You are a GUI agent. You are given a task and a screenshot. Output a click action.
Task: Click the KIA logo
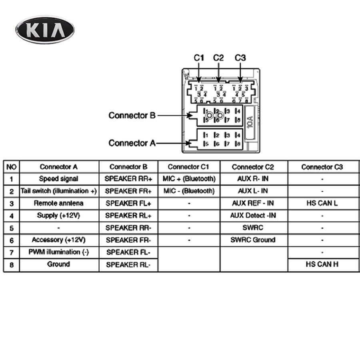click(x=45, y=30)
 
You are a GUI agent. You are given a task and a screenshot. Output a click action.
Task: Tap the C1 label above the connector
click(x=199, y=58)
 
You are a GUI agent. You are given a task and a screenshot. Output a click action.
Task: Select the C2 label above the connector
click(x=218, y=58)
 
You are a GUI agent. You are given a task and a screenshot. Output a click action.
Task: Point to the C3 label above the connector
click(x=240, y=58)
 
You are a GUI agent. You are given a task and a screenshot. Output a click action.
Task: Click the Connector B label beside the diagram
click(x=132, y=116)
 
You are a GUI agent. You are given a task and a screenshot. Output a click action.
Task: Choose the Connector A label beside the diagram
click(x=132, y=143)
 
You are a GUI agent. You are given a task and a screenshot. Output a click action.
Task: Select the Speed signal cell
click(x=58, y=179)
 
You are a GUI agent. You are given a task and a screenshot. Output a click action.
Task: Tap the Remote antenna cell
click(x=58, y=203)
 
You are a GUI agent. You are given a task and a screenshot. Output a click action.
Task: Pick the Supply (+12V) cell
click(x=58, y=216)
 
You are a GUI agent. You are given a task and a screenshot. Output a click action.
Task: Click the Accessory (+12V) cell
click(x=58, y=240)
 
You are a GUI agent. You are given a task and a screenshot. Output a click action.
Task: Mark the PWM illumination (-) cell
click(x=58, y=252)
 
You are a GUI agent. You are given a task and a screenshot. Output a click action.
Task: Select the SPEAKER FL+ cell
click(x=128, y=203)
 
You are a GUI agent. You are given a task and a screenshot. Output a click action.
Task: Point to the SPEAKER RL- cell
click(x=128, y=264)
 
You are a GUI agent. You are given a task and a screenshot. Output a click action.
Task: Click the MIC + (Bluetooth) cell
click(x=189, y=179)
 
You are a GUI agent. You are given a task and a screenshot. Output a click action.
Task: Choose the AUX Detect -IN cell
click(x=253, y=216)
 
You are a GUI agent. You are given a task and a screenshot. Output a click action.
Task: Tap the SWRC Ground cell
click(x=253, y=240)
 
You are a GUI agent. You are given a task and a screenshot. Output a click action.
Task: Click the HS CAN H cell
click(x=322, y=264)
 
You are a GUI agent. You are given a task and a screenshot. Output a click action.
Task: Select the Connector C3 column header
click(x=322, y=167)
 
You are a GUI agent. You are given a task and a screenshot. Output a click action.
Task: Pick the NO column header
click(x=11, y=167)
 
